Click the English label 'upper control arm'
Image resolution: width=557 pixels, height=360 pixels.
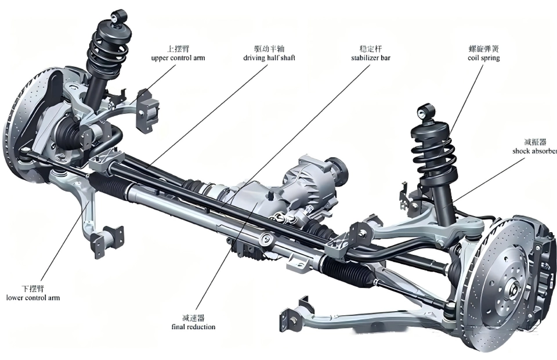[178, 58]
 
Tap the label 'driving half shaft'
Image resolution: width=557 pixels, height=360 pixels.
[269, 58]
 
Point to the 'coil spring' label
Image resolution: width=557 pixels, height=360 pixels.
[483, 58]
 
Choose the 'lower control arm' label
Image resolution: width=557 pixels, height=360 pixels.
[33, 298]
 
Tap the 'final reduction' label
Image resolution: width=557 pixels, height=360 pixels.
[193, 326]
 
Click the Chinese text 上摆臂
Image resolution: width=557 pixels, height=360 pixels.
[178, 49]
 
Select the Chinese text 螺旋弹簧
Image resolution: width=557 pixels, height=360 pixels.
[483, 49]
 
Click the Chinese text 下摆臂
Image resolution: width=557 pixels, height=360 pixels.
[33, 289]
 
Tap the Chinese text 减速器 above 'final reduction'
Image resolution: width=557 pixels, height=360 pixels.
[193, 318]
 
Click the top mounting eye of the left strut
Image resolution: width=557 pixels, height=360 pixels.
[120, 17]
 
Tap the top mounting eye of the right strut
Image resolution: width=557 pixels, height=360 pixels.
[428, 110]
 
